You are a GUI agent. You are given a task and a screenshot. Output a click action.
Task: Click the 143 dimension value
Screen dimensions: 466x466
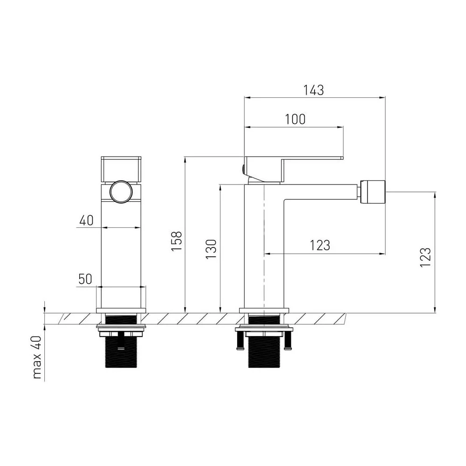(313, 90)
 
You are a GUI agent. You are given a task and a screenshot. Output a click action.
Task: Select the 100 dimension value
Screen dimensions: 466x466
(295, 119)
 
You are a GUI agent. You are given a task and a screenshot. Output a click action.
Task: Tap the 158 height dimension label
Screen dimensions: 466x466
(177, 241)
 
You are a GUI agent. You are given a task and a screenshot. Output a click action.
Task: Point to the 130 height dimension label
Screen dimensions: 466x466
(211, 249)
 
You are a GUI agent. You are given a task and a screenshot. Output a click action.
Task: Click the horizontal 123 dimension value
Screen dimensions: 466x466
(320, 246)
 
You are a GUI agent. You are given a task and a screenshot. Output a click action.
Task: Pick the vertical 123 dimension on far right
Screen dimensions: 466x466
(425, 257)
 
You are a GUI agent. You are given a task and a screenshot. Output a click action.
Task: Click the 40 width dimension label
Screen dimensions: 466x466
(87, 220)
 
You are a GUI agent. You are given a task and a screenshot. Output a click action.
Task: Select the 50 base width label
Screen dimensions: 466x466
(85, 279)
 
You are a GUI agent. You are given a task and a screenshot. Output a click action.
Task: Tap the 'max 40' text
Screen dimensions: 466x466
(37, 357)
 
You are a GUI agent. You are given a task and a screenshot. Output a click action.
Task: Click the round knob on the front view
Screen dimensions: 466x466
(121, 192)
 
